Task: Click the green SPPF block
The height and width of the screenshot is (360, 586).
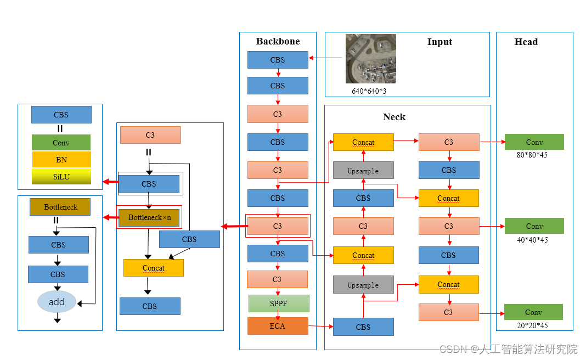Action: tap(279, 303)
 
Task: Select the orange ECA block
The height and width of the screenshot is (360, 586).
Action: tap(278, 326)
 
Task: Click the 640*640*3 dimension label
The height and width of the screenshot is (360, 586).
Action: tap(369, 91)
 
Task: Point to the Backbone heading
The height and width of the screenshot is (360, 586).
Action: tap(278, 42)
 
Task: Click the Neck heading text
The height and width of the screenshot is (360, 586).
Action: tap(394, 117)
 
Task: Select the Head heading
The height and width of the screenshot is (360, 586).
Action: tap(526, 42)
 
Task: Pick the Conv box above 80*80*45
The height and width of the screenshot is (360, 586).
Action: tap(534, 142)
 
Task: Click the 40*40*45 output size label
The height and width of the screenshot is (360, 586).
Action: tap(532, 240)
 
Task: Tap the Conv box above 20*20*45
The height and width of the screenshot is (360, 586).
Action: tap(533, 312)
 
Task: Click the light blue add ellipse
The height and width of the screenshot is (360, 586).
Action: tap(57, 302)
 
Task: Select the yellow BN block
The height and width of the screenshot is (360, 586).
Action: tap(61, 160)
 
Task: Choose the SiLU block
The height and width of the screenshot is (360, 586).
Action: tap(61, 177)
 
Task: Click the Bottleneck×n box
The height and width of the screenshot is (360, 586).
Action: tap(149, 217)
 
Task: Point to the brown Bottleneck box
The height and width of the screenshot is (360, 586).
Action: tap(60, 207)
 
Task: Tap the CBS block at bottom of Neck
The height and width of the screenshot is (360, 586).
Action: tap(363, 327)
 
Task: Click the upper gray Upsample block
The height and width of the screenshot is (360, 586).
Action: tap(363, 171)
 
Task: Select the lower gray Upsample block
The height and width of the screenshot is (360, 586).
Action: tap(363, 285)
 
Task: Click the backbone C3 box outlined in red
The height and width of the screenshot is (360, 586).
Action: tap(278, 226)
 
